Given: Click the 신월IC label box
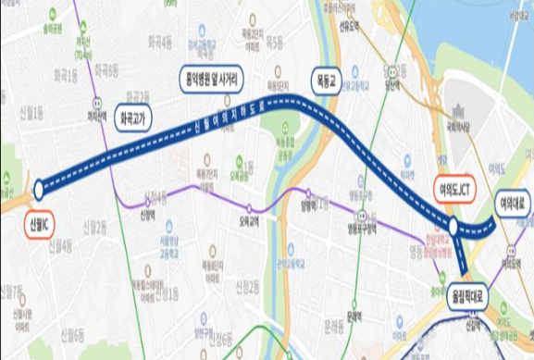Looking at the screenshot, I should click(x=39, y=223).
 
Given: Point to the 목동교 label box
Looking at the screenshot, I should click(x=325, y=70).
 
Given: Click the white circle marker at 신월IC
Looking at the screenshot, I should click(x=39, y=190).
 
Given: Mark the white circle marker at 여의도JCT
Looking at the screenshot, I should click(x=452, y=225).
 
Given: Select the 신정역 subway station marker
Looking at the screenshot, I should click(x=146, y=203).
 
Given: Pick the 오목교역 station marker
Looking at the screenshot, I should click(x=248, y=208).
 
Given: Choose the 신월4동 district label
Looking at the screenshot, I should click(x=56, y=243).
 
